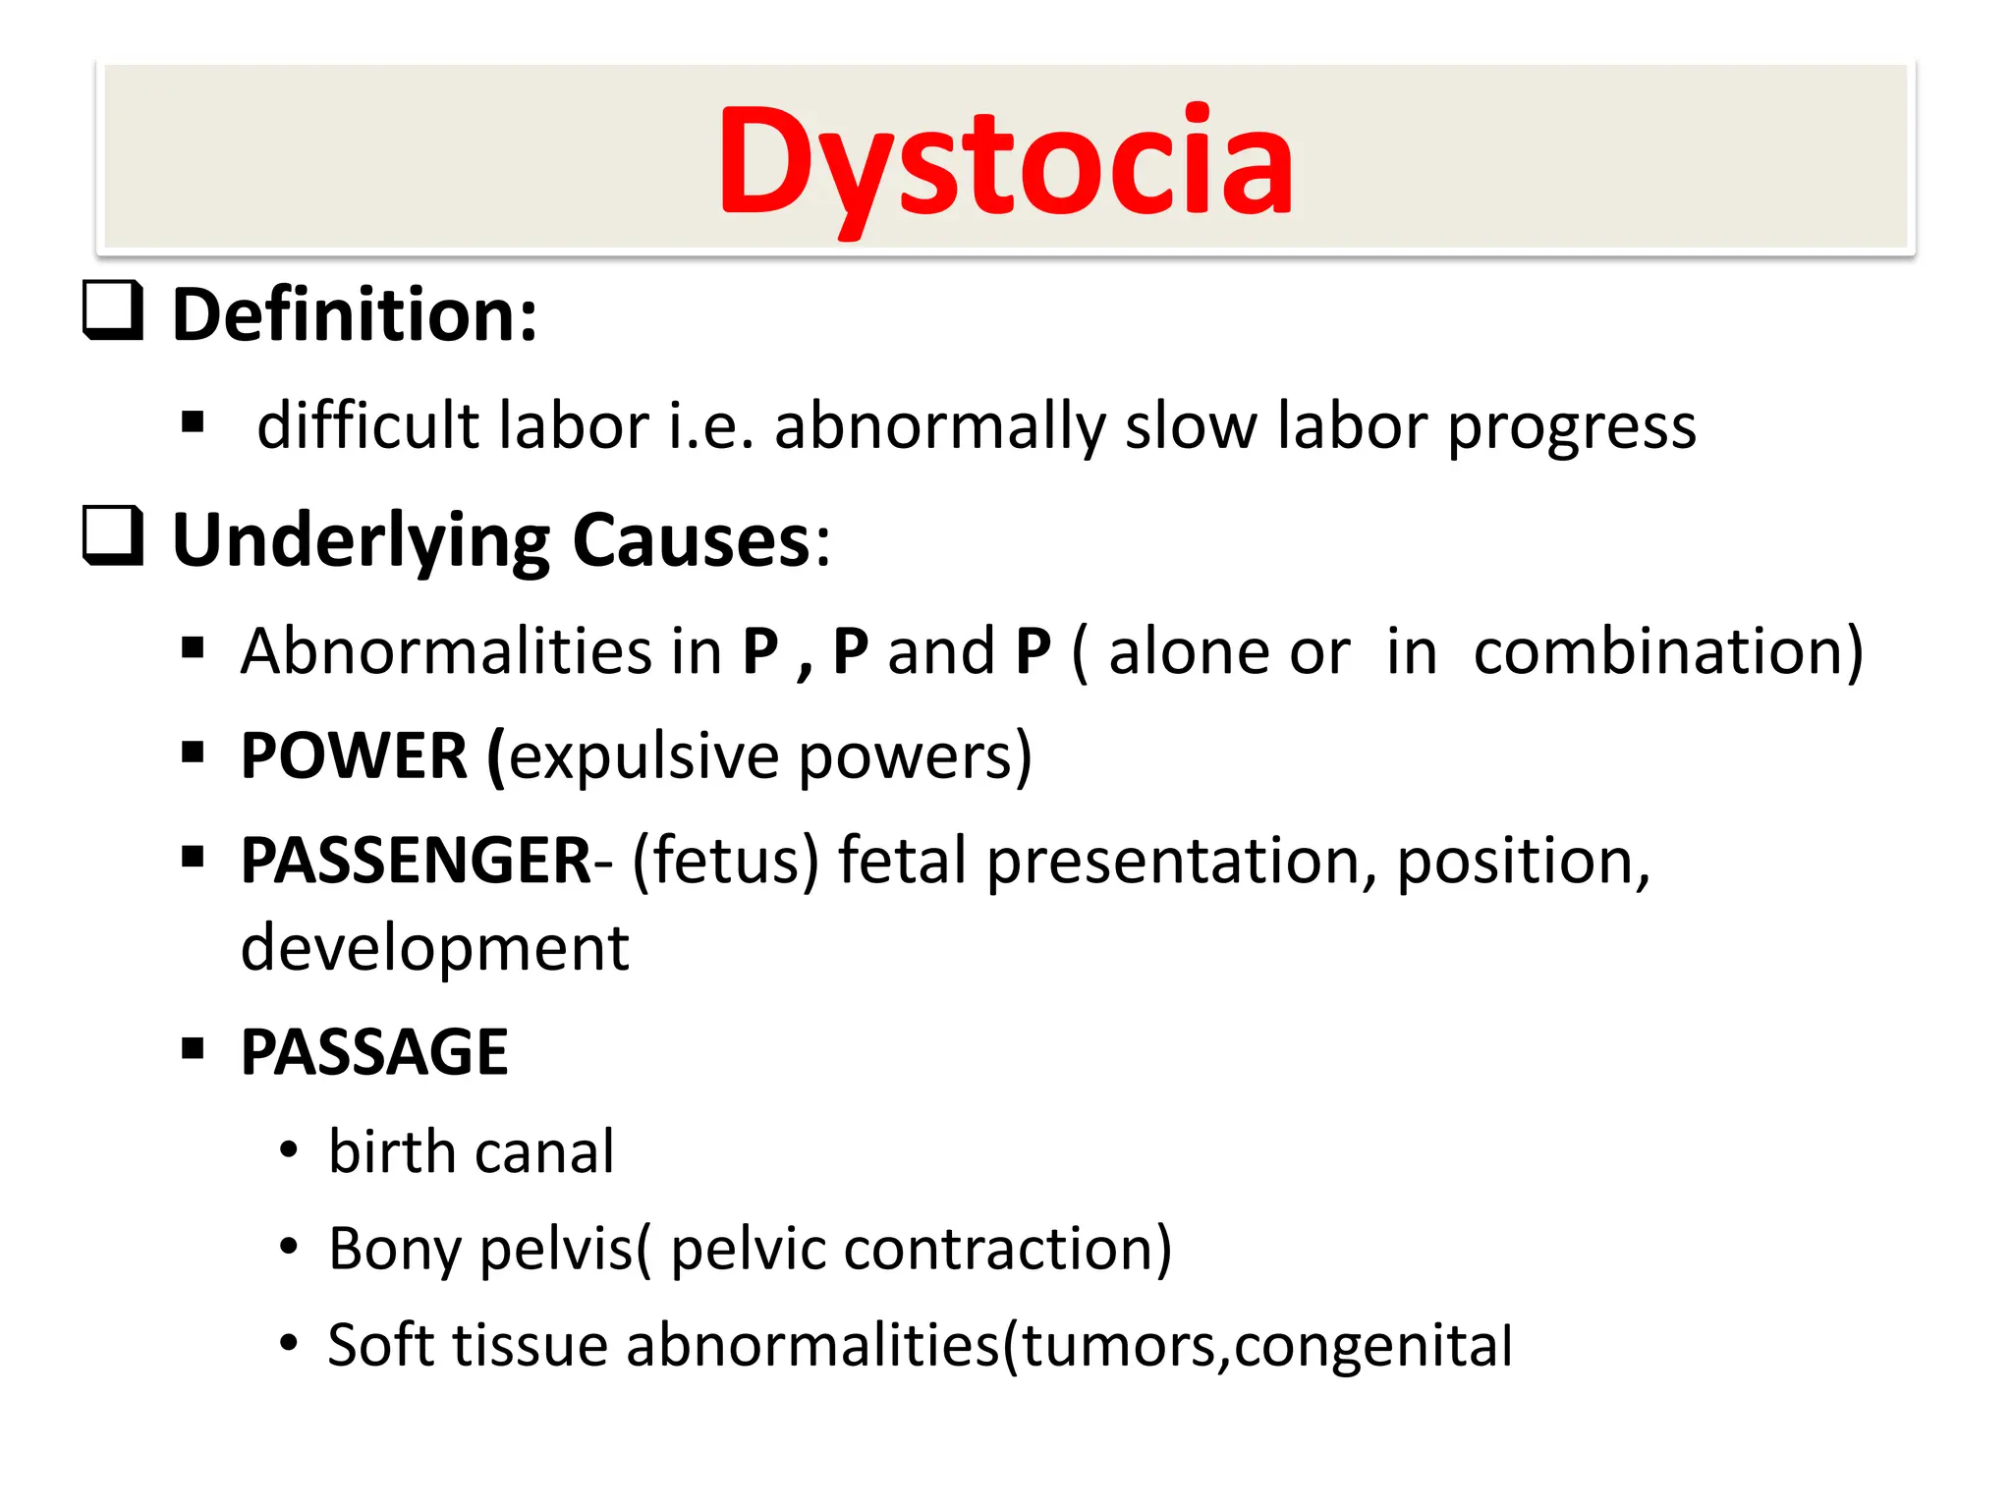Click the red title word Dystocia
pos(1005,162)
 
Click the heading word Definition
pos(354,316)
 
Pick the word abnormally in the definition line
pos(939,427)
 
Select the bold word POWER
pos(354,756)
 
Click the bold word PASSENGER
pos(416,861)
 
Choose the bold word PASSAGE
pos(374,1053)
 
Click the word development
pos(434,949)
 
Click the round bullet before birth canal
pos(288,1150)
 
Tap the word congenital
pos(1372,1346)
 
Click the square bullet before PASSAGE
pos(193,1048)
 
